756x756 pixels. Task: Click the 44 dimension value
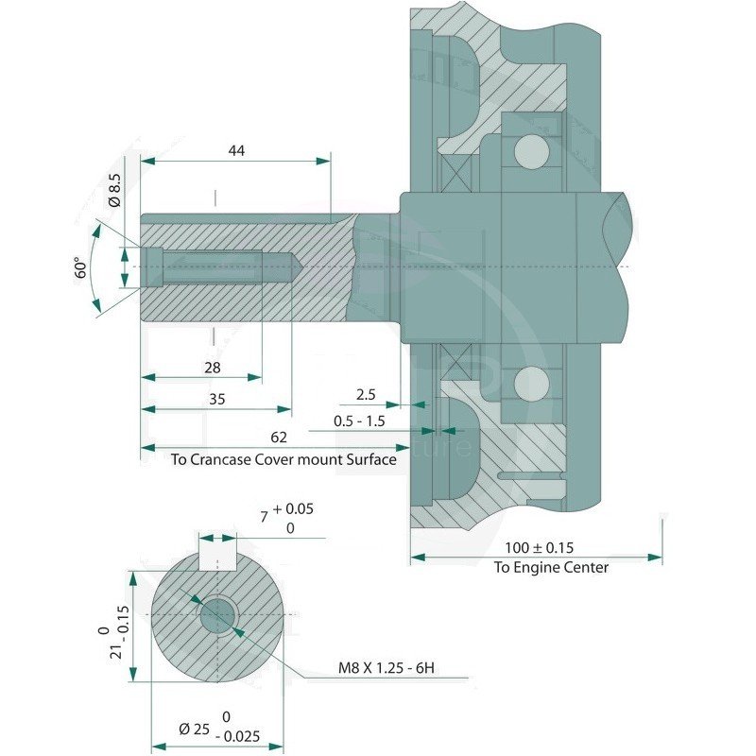pyautogui.click(x=236, y=151)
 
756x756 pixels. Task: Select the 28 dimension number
pyautogui.click(x=212, y=368)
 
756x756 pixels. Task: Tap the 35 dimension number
pyautogui.click(x=217, y=399)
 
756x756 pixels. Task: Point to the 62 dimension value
pyautogui.click(x=279, y=437)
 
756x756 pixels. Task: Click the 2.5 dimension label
pyautogui.click(x=366, y=395)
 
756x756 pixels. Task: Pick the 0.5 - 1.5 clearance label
pyautogui.click(x=359, y=421)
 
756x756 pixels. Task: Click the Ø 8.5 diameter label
pyautogui.click(x=114, y=190)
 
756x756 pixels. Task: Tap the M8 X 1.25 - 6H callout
pyautogui.click(x=387, y=668)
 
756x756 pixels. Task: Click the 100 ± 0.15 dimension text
pyautogui.click(x=539, y=548)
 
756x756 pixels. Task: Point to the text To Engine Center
pyautogui.click(x=551, y=568)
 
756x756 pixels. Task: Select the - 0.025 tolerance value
pyautogui.click(x=237, y=736)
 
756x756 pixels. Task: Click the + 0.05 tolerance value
pyautogui.click(x=293, y=508)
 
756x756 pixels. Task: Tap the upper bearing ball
pyautogui.click(x=532, y=152)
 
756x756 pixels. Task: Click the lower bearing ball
pyautogui.click(x=532, y=384)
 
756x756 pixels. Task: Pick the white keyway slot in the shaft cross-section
pyautogui.click(x=217, y=552)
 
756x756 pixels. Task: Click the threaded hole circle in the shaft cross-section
pyautogui.click(x=218, y=615)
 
